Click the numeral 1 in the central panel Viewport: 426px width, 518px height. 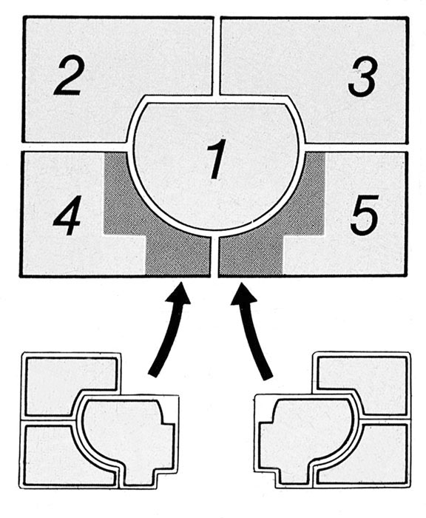tap(217, 159)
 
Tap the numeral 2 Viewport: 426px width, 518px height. tap(69, 78)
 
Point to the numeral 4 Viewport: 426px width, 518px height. tap(67, 215)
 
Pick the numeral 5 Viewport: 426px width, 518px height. tap(365, 215)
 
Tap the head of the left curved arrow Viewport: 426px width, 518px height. tap(179, 292)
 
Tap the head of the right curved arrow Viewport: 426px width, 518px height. tap(243, 293)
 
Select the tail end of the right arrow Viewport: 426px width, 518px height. tap(268, 377)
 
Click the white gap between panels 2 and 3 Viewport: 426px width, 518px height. tap(216, 56)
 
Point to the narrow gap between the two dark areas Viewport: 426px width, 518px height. tap(214, 256)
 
